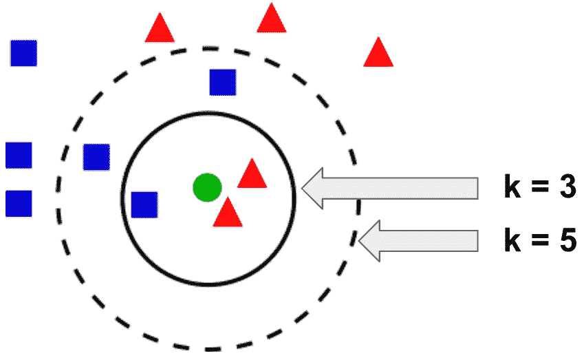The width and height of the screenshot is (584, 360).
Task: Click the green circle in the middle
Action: [206, 187]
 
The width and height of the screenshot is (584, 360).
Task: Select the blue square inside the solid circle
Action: [144, 204]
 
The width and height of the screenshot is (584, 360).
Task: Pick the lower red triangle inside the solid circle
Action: [228, 214]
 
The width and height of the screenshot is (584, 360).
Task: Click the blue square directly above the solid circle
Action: [223, 82]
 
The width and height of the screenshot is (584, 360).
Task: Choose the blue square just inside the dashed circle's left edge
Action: [96, 157]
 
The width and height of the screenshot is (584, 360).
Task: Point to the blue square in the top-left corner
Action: [23, 53]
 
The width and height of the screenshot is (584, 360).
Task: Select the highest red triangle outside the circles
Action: [272, 19]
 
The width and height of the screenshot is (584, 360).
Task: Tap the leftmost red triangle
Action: [160, 29]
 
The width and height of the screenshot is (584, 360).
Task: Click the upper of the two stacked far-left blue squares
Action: [19, 155]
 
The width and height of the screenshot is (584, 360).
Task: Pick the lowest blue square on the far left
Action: [19, 203]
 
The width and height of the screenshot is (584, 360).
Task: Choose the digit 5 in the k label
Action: [565, 242]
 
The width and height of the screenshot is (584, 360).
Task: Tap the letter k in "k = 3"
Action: [512, 188]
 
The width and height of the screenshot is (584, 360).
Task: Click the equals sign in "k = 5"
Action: [539, 242]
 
